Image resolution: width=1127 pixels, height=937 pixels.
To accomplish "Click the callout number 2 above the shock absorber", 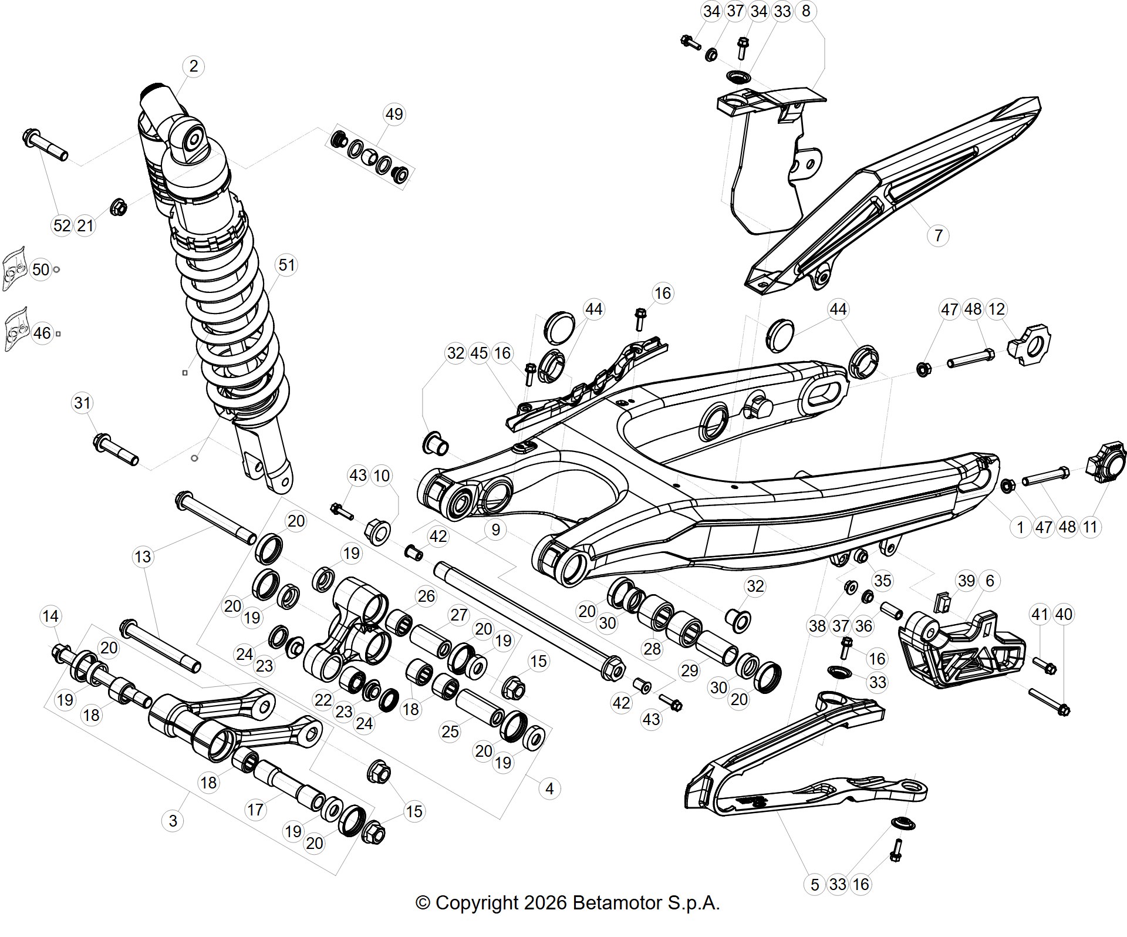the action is click(x=194, y=66).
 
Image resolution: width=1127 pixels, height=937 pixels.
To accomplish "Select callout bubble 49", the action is click(x=394, y=114).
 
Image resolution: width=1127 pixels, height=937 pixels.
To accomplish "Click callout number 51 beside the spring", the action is click(x=286, y=265).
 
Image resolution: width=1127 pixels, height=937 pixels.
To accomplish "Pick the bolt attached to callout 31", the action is click(x=116, y=449).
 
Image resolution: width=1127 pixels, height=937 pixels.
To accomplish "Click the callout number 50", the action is click(x=41, y=269).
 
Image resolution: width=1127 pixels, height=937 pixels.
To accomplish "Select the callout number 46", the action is click(x=42, y=333).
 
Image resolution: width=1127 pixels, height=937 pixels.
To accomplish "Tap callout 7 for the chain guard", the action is click(x=938, y=235).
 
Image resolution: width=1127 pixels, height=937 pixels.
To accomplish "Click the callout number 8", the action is click(x=806, y=11).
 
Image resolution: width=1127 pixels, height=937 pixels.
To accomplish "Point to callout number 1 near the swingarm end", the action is click(x=1020, y=527).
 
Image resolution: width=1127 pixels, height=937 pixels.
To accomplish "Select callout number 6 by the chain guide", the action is click(x=990, y=581).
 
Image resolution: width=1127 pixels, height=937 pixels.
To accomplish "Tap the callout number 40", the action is click(x=1064, y=614).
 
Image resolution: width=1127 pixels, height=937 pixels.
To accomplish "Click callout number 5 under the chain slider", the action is click(x=814, y=884).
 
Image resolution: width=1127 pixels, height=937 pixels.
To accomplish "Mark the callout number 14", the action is click(x=50, y=616).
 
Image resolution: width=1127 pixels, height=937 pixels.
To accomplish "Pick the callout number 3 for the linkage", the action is click(x=173, y=820).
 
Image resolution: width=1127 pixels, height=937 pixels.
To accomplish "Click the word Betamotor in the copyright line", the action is click(x=616, y=903).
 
